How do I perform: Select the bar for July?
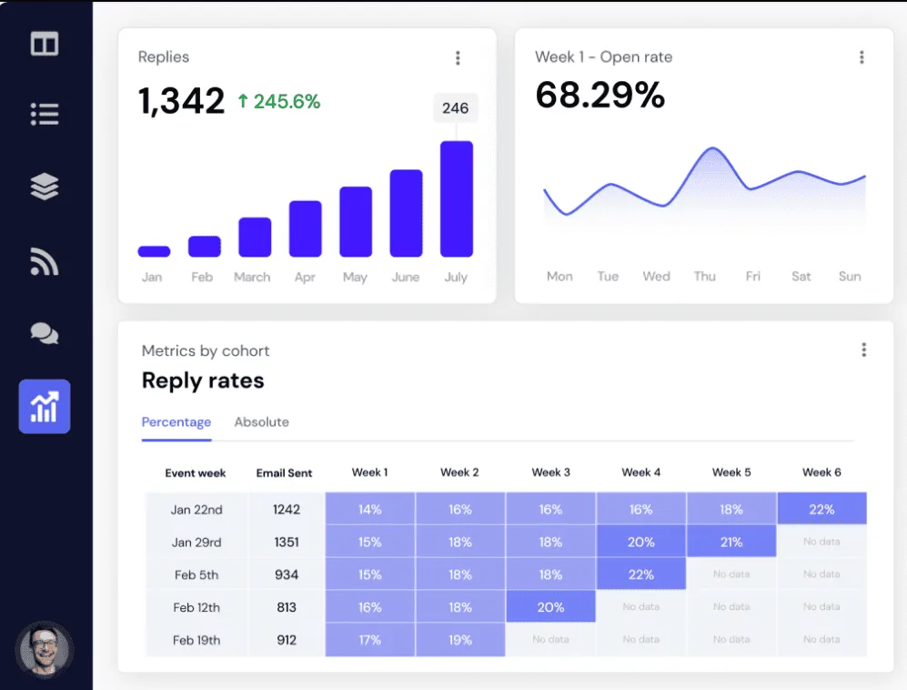(456, 198)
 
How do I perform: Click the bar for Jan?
(154, 251)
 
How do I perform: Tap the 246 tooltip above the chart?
(455, 108)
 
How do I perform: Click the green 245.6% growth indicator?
(278, 102)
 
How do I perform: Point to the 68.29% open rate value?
(600, 95)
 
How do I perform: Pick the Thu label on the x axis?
(704, 276)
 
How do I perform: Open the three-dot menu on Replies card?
(458, 58)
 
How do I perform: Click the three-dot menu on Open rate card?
(862, 57)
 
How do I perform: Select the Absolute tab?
(261, 422)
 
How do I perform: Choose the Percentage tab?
(176, 422)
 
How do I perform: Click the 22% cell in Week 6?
(821, 509)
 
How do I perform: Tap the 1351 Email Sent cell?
(287, 542)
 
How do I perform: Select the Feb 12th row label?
(197, 607)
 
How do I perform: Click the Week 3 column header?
(550, 472)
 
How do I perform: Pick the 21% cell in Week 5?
(731, 542)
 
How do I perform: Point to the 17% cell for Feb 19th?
(369, 640)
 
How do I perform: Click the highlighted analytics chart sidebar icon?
(45, 406)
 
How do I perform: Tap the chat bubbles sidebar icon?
(45, 334)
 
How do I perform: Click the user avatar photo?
(45, 650)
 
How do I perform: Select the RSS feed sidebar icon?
(45, 261)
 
